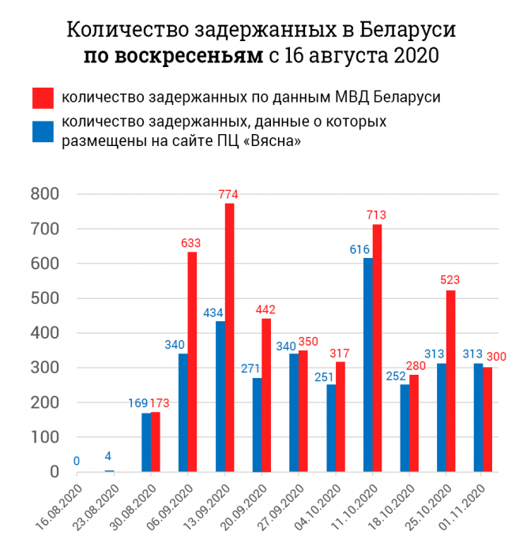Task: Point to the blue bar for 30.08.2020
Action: click(146, 442)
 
